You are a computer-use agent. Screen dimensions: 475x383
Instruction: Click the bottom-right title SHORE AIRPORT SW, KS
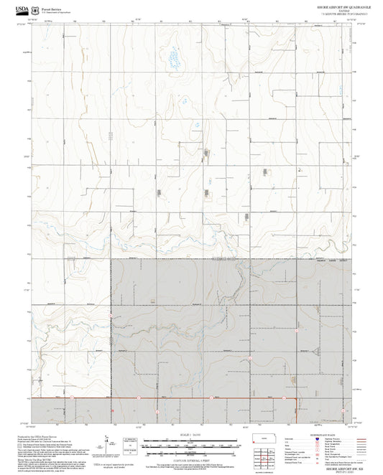tap(338, 464)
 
